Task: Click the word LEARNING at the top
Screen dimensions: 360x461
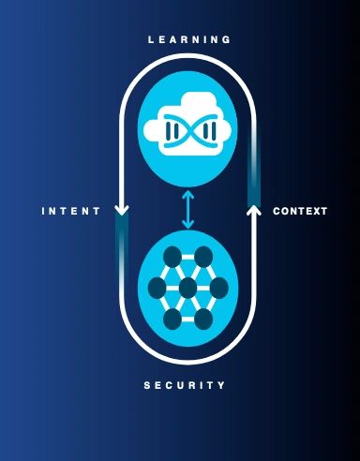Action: [x=189, y=39]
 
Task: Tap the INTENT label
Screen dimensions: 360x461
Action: [x=71, y=211]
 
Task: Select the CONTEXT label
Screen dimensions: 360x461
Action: [x=300, y=211]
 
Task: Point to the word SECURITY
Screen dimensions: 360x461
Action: [x=185, y=385]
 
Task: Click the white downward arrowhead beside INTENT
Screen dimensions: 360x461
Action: [x=122, y=210]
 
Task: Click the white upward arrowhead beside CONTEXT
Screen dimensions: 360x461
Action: [x=254, y=211]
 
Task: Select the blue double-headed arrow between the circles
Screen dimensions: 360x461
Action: [x=187, y=209]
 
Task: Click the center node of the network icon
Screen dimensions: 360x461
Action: [x=187, y=288]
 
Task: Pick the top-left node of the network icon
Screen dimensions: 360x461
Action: [x=172, y=257]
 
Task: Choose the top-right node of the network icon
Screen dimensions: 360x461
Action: [x=203, y=257]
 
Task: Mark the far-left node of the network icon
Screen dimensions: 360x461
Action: [x=157, y=288]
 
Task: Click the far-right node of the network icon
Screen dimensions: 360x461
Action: [x=219, y=288]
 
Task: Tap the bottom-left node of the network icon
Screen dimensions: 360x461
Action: [x=172, y=319]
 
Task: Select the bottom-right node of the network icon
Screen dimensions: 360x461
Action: [x=203, y=319]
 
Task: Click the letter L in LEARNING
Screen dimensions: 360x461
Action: [x=151, y=39]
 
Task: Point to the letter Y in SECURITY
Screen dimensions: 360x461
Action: [x=221, y=385]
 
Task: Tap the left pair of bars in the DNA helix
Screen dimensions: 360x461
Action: [x=172, y=130]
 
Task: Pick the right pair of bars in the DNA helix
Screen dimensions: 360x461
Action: [x=209, y=130]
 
